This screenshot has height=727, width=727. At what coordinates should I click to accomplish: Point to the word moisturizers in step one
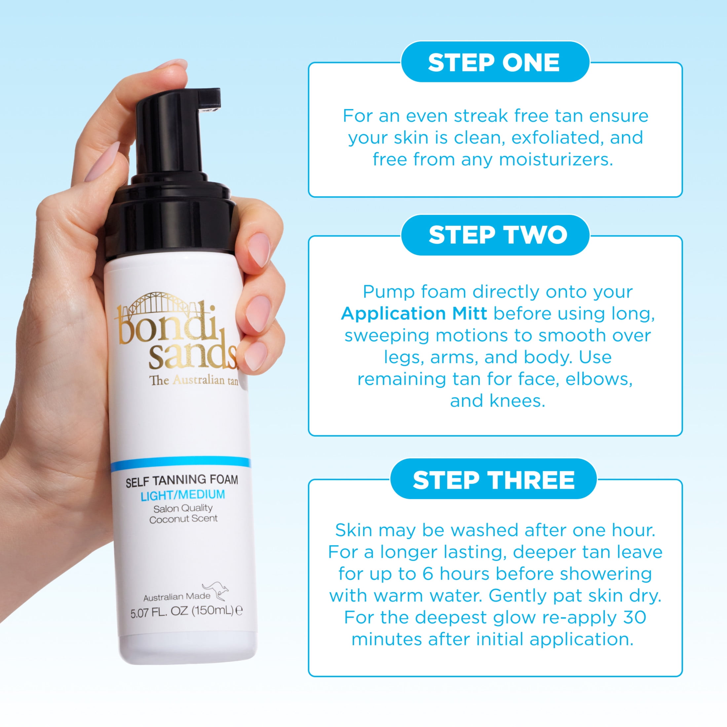(556, 160)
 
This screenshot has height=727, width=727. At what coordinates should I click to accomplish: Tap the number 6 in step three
(428, 574)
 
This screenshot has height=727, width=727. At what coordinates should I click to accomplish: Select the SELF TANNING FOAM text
(182, 480)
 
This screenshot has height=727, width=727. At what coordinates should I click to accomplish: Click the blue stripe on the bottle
(181, 462)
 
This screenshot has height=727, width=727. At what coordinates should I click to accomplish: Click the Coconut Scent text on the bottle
(183, 519)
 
